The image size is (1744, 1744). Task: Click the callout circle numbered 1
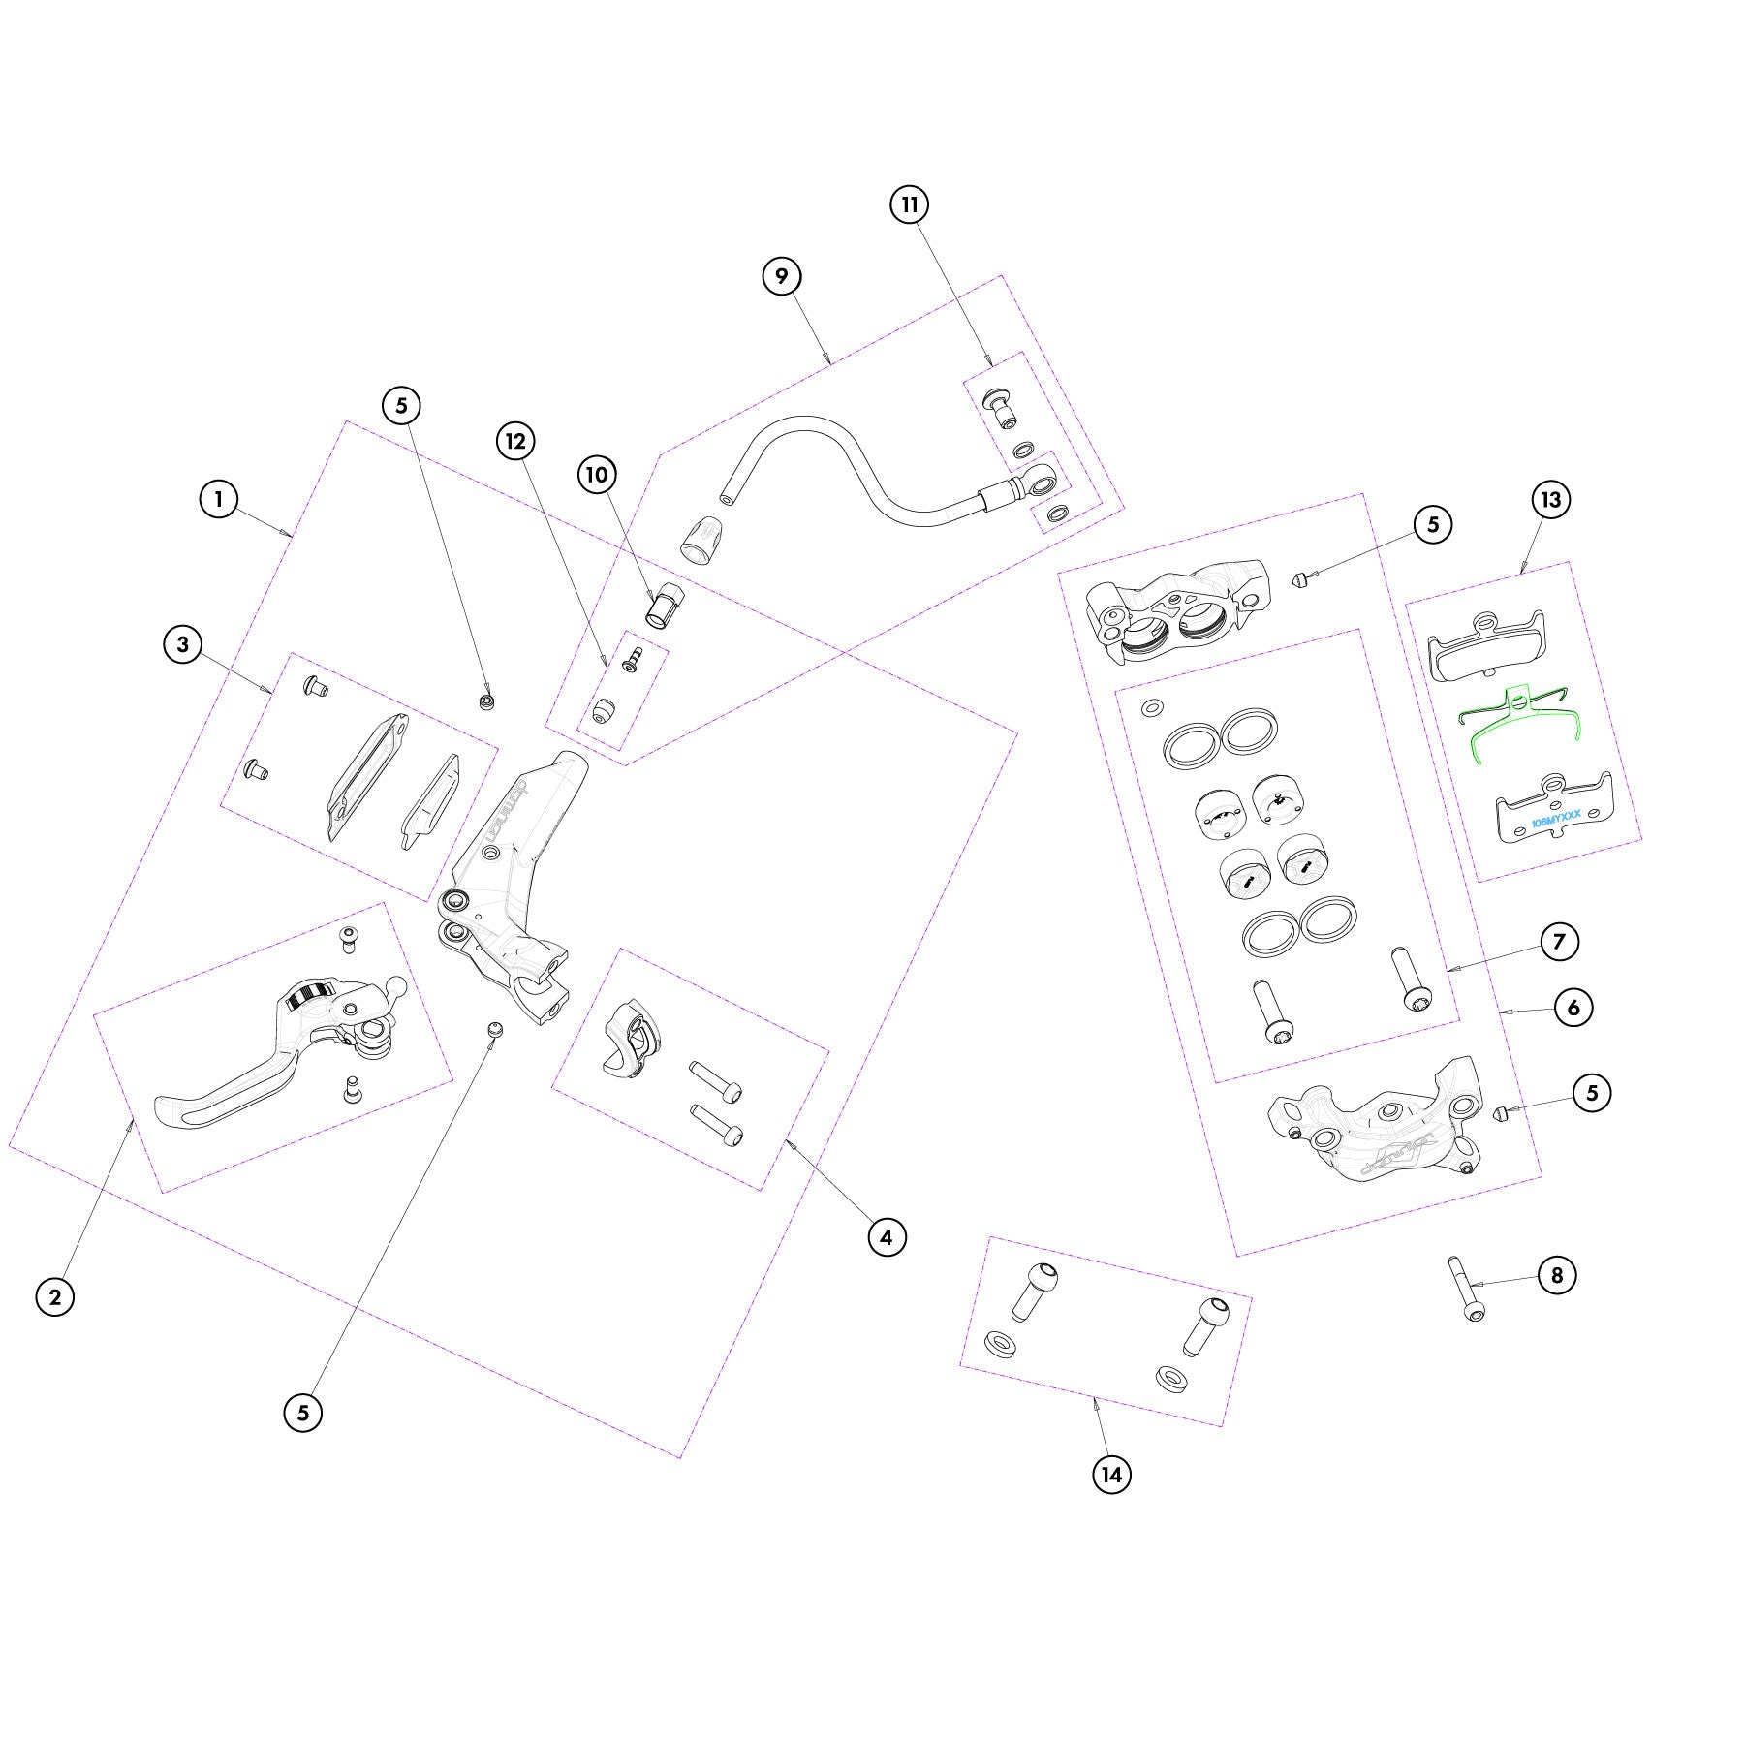[x=219, y=499]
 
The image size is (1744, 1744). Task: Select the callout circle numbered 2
[x=55, y=1296]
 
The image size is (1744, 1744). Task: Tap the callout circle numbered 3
[x=183, y=643]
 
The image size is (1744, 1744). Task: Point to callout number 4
[x=887, y=1236]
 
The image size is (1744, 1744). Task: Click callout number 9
[x=782, y=276]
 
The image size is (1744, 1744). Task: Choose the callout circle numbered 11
[x=910, y=204]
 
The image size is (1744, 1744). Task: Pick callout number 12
[x=515, y=442]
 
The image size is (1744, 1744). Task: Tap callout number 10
[x=597, y=474]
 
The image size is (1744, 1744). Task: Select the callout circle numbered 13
[x=1551, y=500]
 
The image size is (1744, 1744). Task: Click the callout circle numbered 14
[x=1111, y=1475]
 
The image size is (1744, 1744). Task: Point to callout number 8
[x=1557, y=1275]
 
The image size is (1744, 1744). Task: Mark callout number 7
[x=1559, y=941]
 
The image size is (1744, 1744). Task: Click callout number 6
[x=1573, y=1008]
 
